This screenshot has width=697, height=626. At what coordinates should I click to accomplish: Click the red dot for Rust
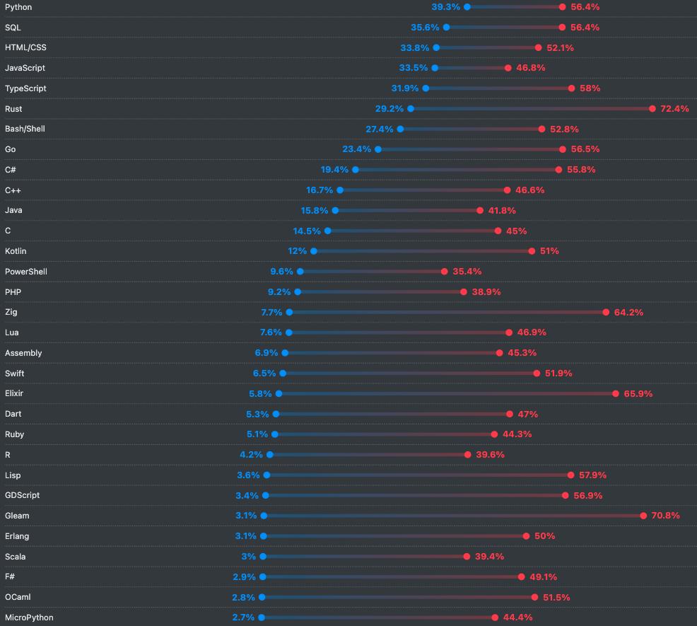point(652,109)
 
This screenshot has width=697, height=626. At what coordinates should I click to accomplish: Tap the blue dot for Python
point(467,7)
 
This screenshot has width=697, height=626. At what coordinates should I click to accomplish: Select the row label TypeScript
point(25,88)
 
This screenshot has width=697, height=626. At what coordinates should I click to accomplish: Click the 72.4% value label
point(674,109)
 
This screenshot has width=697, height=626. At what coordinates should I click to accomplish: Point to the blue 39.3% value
point(445,7)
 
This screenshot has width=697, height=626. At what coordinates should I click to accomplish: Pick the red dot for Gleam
point(643,516)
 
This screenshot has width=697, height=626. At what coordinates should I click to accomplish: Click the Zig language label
point(11,312)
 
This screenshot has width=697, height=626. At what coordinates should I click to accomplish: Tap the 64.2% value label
point(628,312)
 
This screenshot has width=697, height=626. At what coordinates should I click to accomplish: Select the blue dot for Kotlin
point(314,251)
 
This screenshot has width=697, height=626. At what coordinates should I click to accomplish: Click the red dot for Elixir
point(616,393)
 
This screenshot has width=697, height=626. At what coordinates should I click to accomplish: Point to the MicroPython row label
point(29,618)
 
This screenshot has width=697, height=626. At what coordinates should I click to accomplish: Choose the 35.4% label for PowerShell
point(467,272)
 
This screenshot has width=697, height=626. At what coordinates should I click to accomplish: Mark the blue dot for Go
point(378,149)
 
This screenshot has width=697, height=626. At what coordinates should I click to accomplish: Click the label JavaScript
point(25,68)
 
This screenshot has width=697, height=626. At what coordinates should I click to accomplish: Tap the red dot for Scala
point(467,557)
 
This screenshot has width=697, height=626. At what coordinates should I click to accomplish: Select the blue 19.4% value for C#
point(334,170)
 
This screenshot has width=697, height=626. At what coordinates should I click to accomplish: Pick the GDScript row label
point(23,495)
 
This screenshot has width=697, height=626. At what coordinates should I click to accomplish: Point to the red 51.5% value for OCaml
point(556,598)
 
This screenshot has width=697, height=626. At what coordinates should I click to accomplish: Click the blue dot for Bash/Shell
point(400,129)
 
